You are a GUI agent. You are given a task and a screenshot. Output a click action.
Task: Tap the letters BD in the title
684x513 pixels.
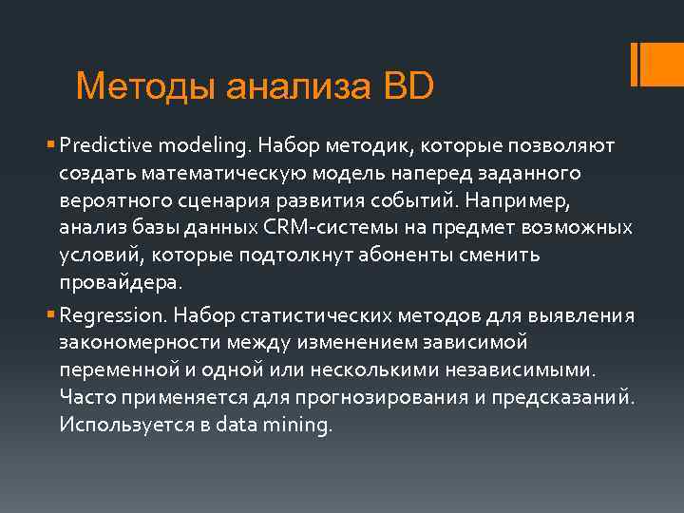click(408, 86)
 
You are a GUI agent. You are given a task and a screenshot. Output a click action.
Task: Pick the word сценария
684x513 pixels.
click(213, 202)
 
